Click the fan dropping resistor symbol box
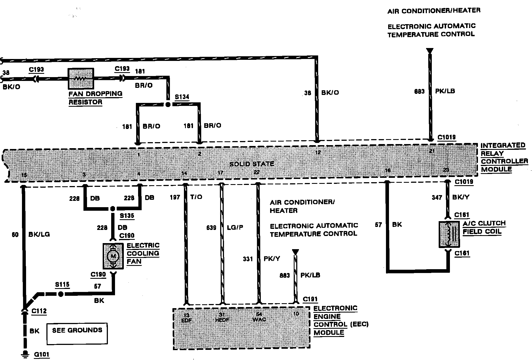[x=81, y=79]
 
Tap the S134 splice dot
[x=168, y=104]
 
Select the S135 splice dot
[x=113, y=209]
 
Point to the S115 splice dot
[x=61, y=294]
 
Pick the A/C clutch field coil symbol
[x=449, y=234]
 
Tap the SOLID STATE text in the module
[x=252, y=164]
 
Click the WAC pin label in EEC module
[x=259, y=320]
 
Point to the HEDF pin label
[x=222, y=320]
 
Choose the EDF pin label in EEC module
[x=186, y=320]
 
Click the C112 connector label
[x=39, y=311]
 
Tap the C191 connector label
[x=310, y=299]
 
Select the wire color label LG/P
[x=235, y=227]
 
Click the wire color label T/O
[x=196, y=197]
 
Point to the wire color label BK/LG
[x=39, y=234]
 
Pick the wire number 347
[x=437, y=197]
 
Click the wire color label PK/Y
[x=272, y=259]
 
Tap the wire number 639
[x=211, y=228]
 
